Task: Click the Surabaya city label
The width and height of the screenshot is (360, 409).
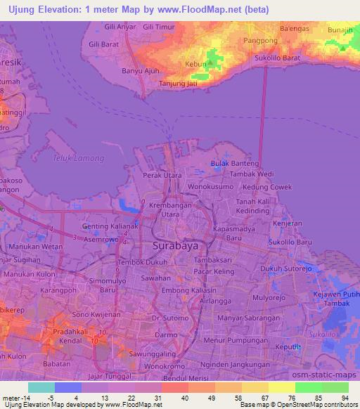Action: click(x=175, y=247)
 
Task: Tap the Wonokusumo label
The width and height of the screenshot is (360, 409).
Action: click(x=210, y=187)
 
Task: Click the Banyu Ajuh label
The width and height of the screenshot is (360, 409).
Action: click(x=141, y=71)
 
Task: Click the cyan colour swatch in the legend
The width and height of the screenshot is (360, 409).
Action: click(x=41, y=387)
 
